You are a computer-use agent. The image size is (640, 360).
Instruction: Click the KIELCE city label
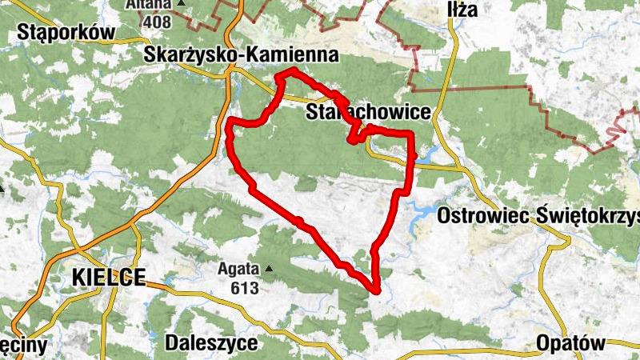click(108, 278)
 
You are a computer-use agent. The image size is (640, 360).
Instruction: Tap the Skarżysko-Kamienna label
click(242, 55)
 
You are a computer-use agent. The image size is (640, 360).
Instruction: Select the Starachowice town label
click(369, 113)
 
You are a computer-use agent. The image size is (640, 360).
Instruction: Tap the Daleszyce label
click(211, 343)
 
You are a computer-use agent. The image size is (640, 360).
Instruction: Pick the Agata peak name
click(238, 270)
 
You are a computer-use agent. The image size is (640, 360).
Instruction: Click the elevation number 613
click(243, 287)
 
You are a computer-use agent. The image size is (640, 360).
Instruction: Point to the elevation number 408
click(157, 22)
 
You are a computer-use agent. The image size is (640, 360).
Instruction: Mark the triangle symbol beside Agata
click(270, 269)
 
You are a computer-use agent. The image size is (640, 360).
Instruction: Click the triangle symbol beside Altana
click(181, 3)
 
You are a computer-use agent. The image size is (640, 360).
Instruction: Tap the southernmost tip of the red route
click(375, 290)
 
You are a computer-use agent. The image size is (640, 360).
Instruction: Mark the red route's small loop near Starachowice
click(356, 137)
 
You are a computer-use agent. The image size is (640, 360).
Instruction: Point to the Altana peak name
click(148, 4)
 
